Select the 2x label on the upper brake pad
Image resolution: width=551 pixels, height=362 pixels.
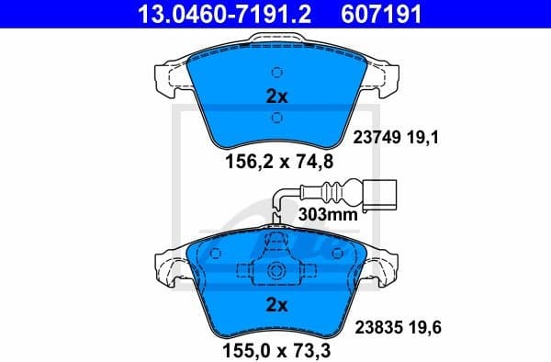(x=276, y=95)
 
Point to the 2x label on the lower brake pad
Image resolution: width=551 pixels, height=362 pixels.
(x=276, y=303)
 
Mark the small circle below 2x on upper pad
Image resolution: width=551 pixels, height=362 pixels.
(x=276, y=117)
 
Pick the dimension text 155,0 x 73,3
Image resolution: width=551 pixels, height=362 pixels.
(x=275, y=349)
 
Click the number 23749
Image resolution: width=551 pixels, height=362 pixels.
(x=377, y=139)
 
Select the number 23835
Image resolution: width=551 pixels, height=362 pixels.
(x=377, y=326)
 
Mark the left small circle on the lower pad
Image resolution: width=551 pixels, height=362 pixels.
(x=216, y=254)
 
